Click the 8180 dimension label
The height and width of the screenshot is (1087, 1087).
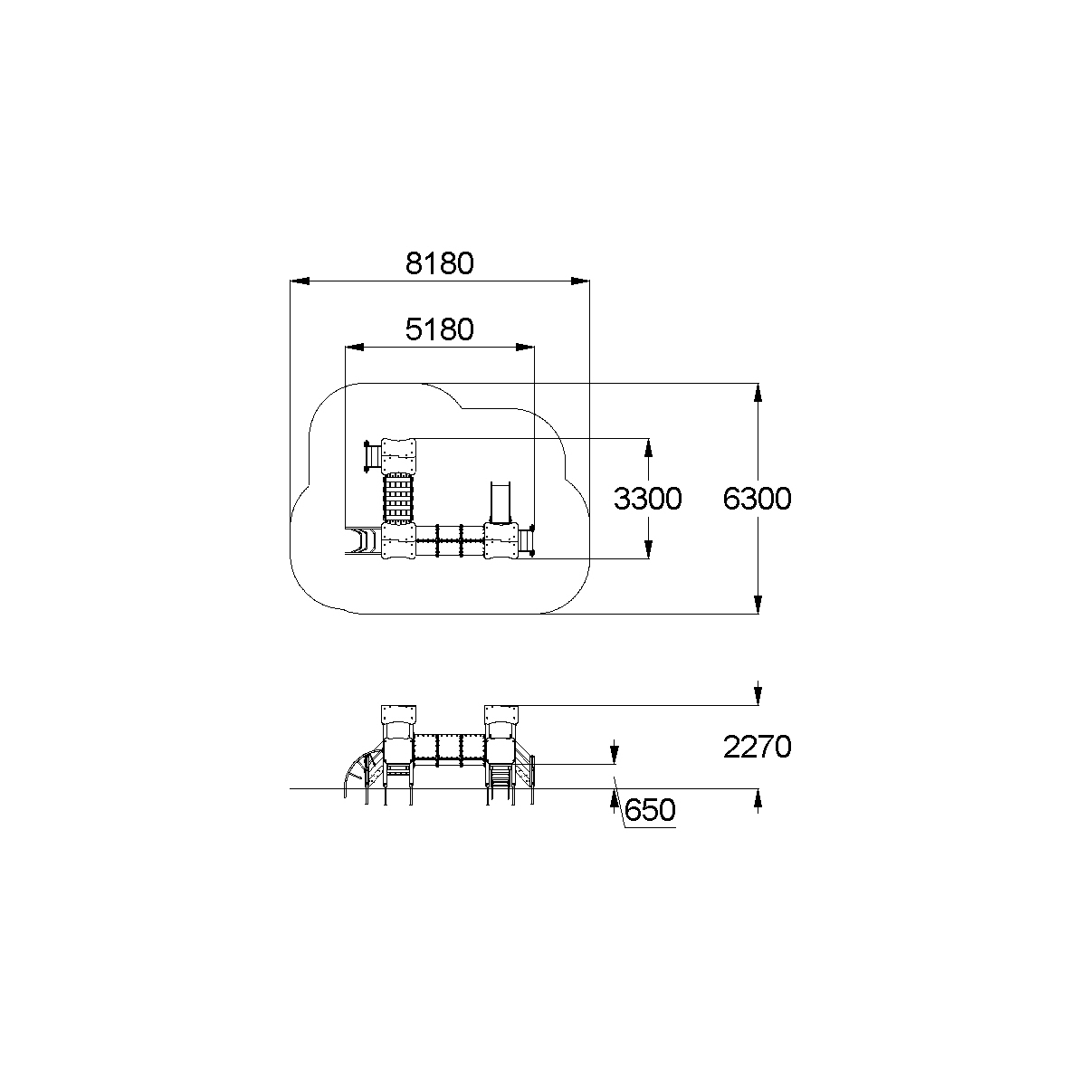[x=440, y=263]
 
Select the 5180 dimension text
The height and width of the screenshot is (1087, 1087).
[x=440, y=329]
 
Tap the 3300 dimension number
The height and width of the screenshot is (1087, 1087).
[x=647, y=499]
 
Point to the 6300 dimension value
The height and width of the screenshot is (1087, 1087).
[x=757, y=499]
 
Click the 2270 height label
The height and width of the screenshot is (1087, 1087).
[x=757, y=747]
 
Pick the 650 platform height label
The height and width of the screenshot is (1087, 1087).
[x=650, y=811]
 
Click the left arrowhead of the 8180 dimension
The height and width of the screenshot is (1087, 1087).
[x=300, y=281]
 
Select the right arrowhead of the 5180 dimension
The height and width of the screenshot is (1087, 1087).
[x=525, y=347]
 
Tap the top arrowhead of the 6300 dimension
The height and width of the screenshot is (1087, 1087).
[x=758, y=393]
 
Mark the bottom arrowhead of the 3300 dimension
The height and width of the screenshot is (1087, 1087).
[x=648, y=549]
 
